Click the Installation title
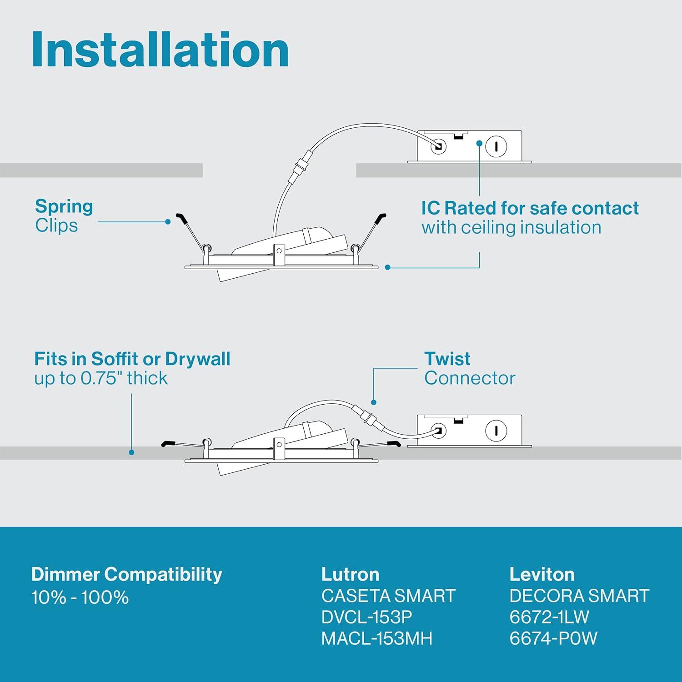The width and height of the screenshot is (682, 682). tap(160, 50)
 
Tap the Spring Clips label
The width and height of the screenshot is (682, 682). tap(64, 216)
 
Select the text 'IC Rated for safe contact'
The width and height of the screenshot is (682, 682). tap(530, 208)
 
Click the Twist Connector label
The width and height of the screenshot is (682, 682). tap(470, 368)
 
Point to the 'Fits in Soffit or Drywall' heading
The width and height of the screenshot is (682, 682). tap(132, 359)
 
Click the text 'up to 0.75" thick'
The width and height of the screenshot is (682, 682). tap(101, 378)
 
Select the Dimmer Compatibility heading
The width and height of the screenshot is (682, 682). tap(126, 575)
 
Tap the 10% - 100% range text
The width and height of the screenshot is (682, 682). tap(80, 597)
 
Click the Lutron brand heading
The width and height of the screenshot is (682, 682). tap(350, 574)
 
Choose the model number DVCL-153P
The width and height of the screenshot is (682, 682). tap(366, 617)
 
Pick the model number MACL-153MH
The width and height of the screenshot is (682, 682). tap(376, 638)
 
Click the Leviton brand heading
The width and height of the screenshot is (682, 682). tap(542, 574)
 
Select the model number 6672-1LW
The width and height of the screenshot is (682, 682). tap(549, 617)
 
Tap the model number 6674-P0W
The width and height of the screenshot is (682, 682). tap(553, 638)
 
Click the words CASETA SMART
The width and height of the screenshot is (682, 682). tap(388, 596)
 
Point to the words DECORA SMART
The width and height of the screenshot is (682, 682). tap(579, 596)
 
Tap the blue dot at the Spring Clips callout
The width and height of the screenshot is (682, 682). tap(168, 222)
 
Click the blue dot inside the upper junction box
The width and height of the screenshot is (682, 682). tap(479, 143)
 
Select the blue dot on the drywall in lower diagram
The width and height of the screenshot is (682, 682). tap(131, 452)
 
